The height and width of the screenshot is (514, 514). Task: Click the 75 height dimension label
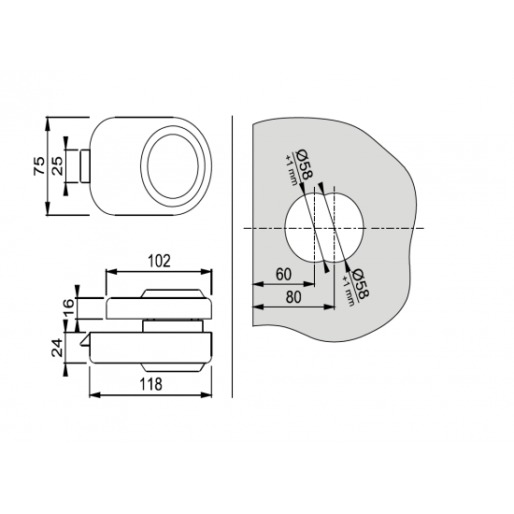tap(39, 165)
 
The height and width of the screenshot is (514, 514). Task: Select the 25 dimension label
tap(57, 165)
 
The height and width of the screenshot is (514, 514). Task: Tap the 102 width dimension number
tap(159, 262)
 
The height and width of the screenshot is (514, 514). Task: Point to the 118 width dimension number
tap(150, 384)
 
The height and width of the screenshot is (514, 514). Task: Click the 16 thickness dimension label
tap(68, 307)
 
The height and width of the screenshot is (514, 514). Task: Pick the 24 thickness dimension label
tap(58, 348)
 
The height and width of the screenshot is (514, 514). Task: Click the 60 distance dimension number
tap(283, 275)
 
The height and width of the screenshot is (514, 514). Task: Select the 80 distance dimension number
tap(293, 297)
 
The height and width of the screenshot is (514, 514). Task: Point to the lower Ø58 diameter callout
tap(360, 284)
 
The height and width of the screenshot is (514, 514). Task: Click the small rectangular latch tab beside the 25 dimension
tap(84, 165)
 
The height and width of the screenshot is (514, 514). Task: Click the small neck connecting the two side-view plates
tap(171, 326)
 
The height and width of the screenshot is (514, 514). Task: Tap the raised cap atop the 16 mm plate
tap(171, 293)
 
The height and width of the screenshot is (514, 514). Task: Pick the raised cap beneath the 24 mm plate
tap(171, 367)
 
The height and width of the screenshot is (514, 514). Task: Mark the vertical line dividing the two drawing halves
tap(232, 256)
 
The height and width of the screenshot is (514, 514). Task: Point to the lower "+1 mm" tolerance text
tap(349, 291)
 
